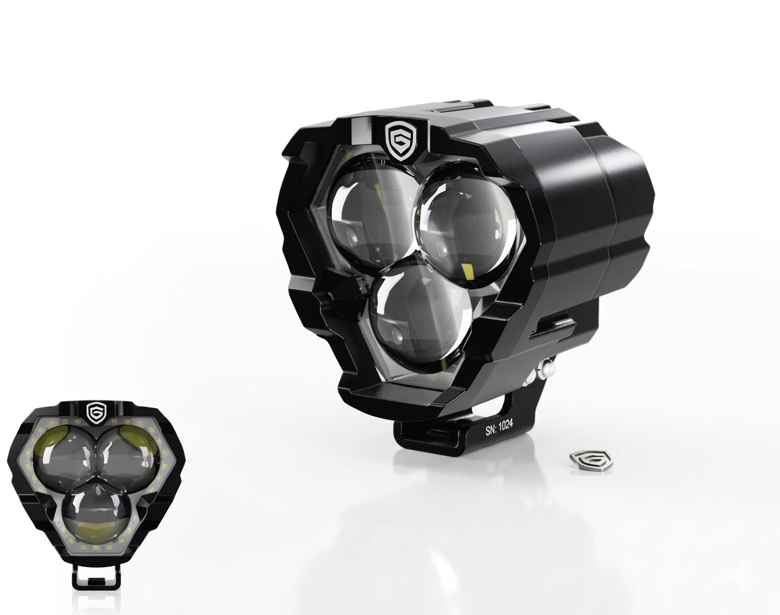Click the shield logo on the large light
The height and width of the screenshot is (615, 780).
click(401, 142)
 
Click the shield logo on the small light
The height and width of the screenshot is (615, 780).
click(95, 412)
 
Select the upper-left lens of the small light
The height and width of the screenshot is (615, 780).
click(67, 450)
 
